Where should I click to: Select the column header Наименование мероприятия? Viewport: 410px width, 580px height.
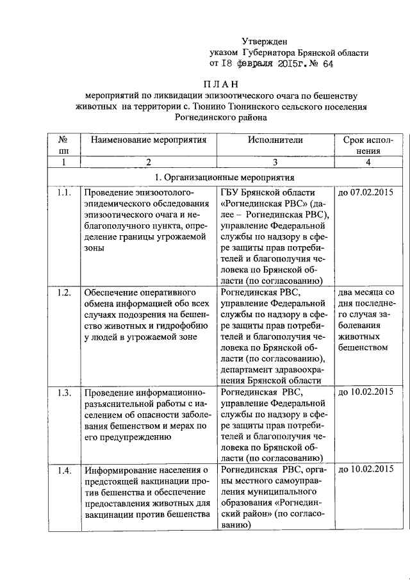tap(149, 139)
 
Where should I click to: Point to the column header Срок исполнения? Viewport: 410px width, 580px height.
tap(365, 145)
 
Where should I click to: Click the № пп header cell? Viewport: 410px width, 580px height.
tap(63, 145)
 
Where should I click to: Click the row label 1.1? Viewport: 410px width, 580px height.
tap(63, 193)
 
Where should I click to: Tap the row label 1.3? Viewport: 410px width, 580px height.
tap(63, 392)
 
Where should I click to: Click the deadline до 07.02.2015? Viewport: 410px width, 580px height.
tap(365, 193)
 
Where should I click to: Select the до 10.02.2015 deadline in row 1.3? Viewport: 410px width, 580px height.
tap(365, 392)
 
